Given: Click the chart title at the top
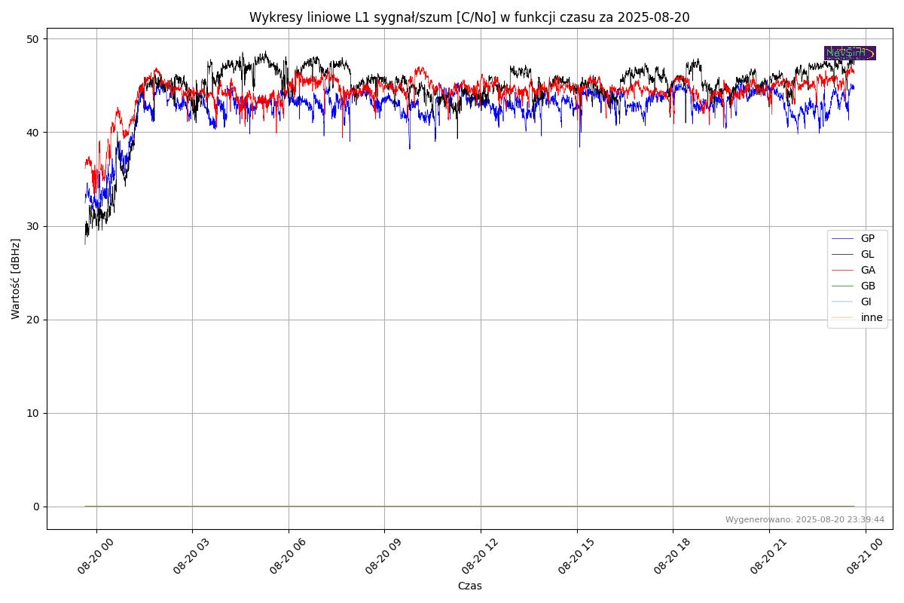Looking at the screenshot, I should (469, 17).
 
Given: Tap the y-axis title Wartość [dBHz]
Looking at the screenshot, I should (16, 279).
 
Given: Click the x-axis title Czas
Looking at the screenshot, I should (469, 586).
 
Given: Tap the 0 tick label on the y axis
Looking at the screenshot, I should (35, 507).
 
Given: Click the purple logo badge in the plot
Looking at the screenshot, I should (850, 53).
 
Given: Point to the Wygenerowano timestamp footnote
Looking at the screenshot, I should (805, 519).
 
